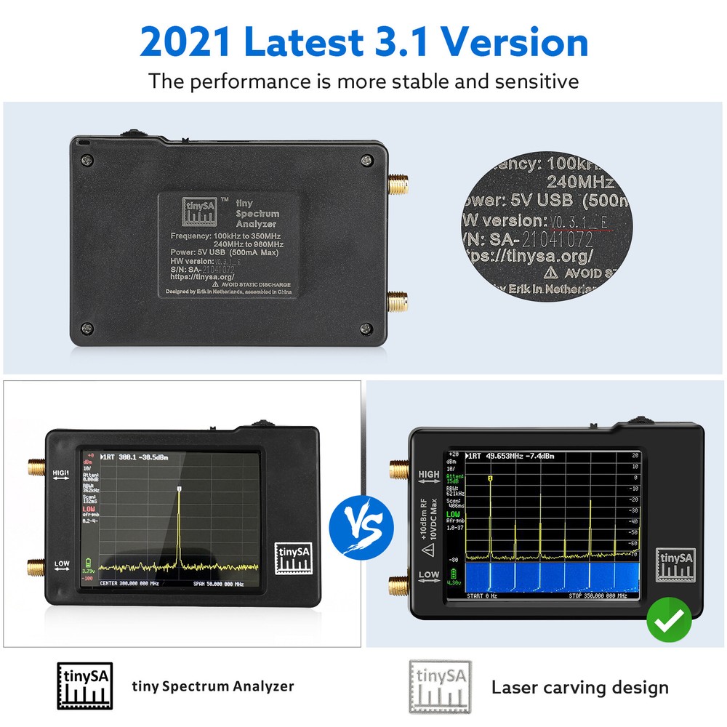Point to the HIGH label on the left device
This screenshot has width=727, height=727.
61,473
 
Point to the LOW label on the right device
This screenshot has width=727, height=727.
428,574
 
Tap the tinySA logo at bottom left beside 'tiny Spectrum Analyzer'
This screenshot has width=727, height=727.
85,686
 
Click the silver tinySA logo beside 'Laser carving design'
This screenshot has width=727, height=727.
439,686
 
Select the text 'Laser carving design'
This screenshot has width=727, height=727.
579,687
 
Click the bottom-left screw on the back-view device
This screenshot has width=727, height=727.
87,328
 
